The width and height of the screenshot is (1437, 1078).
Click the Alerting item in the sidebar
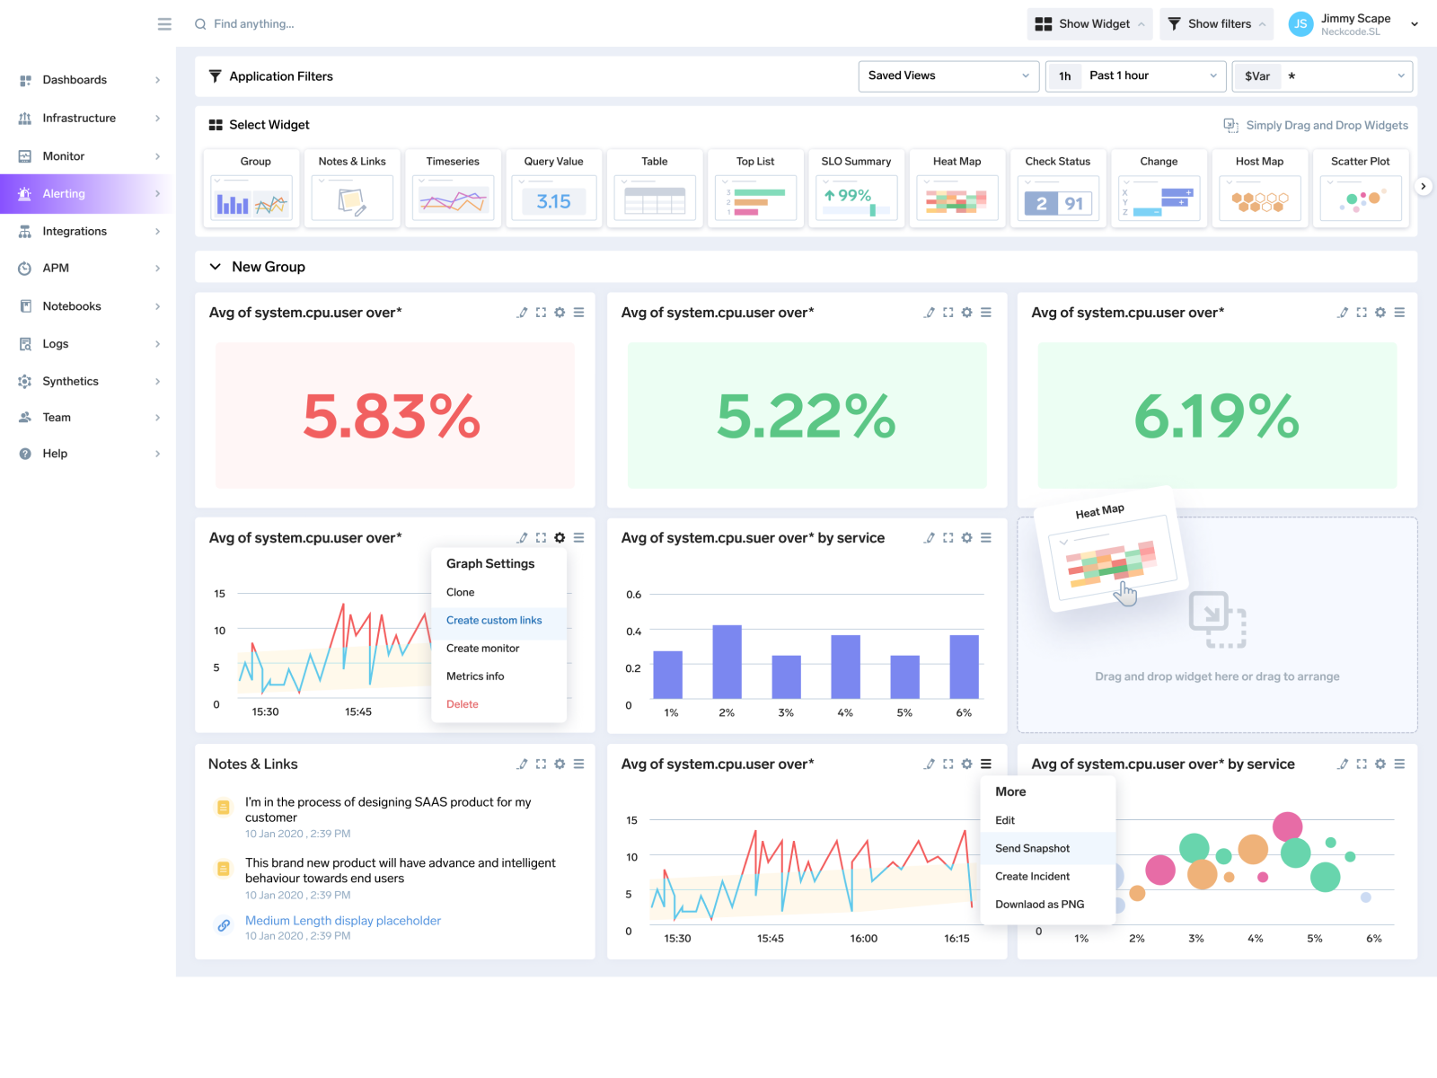pyautogui.click(x=64, y=194)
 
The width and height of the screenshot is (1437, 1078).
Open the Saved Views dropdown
pyautogui.click(x=948, y=75)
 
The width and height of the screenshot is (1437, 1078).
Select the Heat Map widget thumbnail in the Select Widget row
pyautogui.click(x=957, y=198)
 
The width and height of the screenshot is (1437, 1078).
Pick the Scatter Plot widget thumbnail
pyautogui.click(x=1360, y=198)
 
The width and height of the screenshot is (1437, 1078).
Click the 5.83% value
pyautogui.click(x=392, y=417)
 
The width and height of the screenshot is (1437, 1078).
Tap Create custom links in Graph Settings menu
pyautogui.click(x=494, y=621)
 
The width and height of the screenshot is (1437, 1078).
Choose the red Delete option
pyautogui.click(x=463, y=704)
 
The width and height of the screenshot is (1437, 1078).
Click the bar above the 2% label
pyautogui.click(x=727, y=661)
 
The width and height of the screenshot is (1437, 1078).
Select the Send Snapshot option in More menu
pyautogui.click(x=1032, y=848)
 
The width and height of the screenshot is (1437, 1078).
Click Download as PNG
pyautogui.click(x=1039, y=905)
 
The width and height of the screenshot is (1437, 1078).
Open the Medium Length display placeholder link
pyautogui.click(x=343, y=921)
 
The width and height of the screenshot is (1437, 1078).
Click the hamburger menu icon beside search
pyautogui.click(x=164, y=24)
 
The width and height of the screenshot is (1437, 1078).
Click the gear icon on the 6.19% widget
pyautogui.click(x=1380, y=313)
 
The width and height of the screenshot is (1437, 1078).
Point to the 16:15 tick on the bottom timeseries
pyautogui.click(x=957, y=938)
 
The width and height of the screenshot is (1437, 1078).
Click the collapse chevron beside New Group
pyautogui.click(x=216, y=267)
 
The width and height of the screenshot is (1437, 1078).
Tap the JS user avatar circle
pyautogui.click(x=1300, y=24)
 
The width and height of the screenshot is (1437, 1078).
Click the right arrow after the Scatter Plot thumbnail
pyautogui.click(x=1423, y=187)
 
